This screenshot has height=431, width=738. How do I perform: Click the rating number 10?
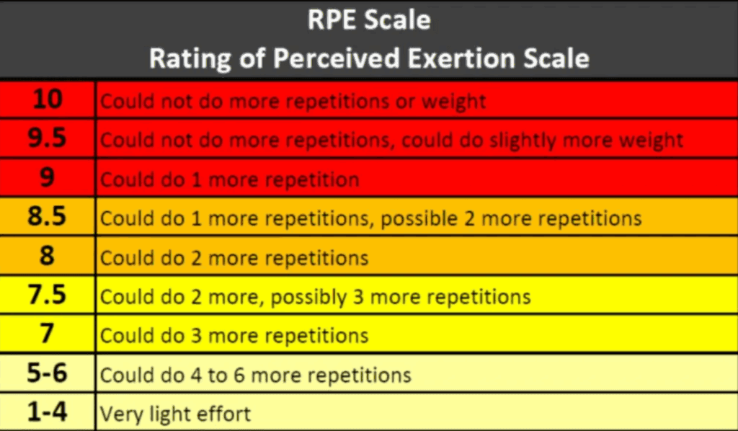pos(47,99)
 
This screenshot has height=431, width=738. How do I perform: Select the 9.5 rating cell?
pos(47,138)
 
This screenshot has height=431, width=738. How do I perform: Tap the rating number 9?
pos(47,178)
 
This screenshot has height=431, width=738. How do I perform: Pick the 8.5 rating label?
pos(47,217)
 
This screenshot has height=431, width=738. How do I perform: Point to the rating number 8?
pos(47,256)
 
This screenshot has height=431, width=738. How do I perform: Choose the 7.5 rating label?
pos(47,295)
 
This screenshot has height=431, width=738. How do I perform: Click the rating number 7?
pos(47,334)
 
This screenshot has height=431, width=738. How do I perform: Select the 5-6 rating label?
pos(47,373)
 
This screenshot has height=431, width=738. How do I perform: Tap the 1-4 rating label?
pos(47,412)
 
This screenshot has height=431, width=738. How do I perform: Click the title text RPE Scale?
pos(369,20)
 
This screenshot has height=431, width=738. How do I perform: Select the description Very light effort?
pos(175,414)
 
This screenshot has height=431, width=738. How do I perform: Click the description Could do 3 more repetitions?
pos(234,335)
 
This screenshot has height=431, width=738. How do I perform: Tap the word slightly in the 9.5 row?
pos(523,141)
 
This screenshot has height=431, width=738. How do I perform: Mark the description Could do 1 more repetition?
pos(230,179)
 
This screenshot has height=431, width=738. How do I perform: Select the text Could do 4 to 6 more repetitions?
pos(256,375)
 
